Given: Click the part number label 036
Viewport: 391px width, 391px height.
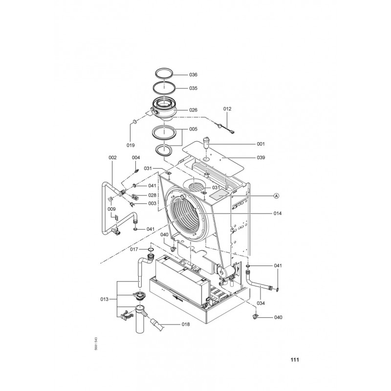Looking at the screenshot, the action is pos(193,75).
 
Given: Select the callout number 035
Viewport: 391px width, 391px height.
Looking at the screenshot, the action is pos(193,88).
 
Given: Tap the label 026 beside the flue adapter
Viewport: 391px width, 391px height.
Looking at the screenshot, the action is pos(193,110).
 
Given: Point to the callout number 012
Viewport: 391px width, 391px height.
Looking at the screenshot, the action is pos(227,109).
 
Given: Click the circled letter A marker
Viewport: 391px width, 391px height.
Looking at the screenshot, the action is pos(276,196).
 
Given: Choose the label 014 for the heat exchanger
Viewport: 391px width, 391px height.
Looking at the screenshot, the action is pos(278,213).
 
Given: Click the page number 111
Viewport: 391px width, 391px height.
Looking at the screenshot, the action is pos(295,360).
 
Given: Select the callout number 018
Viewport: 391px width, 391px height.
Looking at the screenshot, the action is pos(186,324).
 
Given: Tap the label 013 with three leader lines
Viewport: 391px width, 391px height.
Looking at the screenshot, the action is pos(105,299).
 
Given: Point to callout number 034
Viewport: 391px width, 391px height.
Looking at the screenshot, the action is pos(261,303).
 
